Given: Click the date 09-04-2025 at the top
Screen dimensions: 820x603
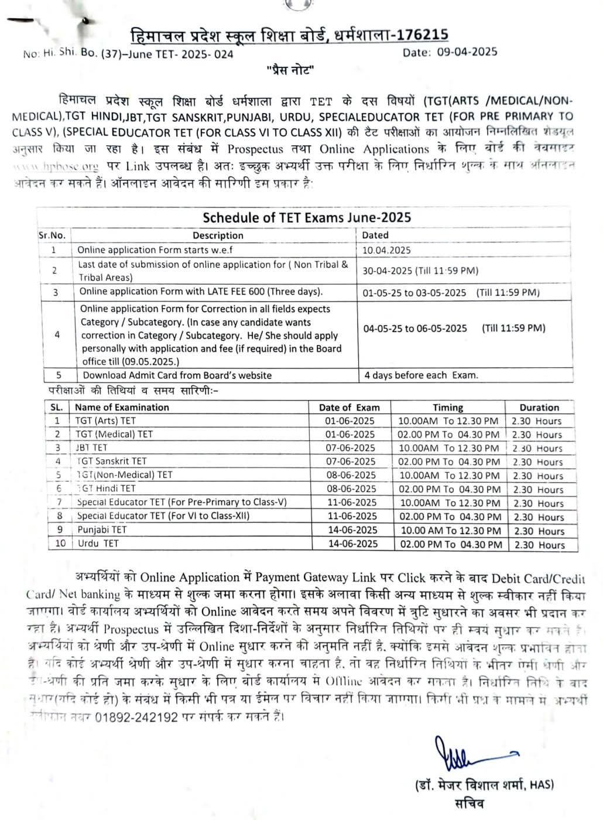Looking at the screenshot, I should coord(467,52).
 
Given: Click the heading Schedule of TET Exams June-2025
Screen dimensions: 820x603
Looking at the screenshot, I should coord(307,217).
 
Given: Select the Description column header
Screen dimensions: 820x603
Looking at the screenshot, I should coord(218,235).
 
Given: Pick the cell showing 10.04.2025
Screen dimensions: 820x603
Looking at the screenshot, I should coord(386,250).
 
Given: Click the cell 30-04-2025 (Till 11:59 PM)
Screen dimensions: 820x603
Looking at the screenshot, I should coord(420,271).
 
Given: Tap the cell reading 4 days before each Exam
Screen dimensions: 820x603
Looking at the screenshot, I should coord(421,375).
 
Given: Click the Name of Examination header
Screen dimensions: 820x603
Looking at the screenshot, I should coord(122,407).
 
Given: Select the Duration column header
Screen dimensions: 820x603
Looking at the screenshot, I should coord(539,407).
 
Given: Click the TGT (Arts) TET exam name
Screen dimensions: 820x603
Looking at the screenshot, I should coord(105,421).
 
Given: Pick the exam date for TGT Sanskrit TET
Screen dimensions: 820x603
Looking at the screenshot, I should coord(350,462).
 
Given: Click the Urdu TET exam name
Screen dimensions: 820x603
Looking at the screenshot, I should coord(98,544).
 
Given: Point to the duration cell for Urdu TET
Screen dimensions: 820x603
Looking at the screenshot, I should coord(538,545).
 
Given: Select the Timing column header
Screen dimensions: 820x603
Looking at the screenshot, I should coord(448,407).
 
